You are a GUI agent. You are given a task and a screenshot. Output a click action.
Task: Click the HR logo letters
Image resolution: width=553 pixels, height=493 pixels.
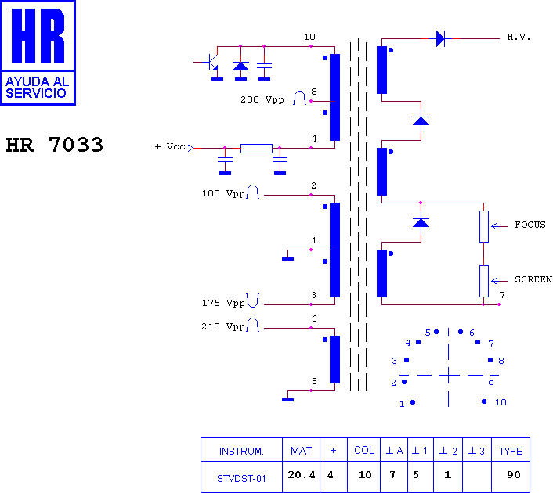click(x=38, y=35)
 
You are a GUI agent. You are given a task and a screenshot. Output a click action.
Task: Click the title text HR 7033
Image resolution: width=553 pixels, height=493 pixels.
click(x=55, y=145)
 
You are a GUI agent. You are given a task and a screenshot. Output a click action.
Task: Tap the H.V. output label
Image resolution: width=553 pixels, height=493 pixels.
click(x=519, y=37)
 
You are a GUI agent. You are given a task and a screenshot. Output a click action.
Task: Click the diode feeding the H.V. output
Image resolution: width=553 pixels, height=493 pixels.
click(x=440, y=38)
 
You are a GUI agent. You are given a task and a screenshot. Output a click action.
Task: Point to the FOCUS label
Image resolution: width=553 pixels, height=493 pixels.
click(x=530, y=225)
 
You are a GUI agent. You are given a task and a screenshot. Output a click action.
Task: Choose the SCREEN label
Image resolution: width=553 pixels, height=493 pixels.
click(x=533, y=279)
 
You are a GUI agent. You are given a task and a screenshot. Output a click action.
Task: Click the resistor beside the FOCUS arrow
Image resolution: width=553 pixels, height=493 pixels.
click(x=484, y=227)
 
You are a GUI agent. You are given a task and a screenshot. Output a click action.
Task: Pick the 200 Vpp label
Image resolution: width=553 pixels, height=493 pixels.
click(x=262, y=99)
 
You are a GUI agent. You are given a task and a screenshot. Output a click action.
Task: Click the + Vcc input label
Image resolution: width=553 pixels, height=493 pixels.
click(x=170, y=146)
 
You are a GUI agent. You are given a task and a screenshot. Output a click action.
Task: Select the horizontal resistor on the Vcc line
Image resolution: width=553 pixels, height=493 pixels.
click(x=256, y=149)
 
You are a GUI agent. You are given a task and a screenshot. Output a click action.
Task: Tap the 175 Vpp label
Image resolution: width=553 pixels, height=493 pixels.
click(x=223, y=303)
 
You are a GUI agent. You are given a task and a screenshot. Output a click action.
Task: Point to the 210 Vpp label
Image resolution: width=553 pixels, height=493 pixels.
click(x=223, y=326)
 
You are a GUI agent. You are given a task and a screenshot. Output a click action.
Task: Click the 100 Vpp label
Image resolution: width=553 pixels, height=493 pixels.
click(x=223, y=193)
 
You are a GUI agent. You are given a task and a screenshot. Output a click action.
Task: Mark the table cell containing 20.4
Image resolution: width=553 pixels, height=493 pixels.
click(x=302, y=476)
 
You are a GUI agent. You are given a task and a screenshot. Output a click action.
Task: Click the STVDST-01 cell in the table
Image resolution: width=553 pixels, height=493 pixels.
click(x=241, y=477)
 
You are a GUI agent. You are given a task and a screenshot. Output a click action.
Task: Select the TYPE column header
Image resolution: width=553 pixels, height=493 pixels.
click(x=511, y=450)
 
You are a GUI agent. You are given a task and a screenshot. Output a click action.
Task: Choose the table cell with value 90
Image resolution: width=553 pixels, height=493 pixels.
click(x=511, y=476)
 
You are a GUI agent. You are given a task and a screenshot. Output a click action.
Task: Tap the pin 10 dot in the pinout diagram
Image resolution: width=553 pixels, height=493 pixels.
click(x=484, y=401)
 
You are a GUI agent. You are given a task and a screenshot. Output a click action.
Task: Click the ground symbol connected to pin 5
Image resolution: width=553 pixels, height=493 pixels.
click(x=287, y=400)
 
